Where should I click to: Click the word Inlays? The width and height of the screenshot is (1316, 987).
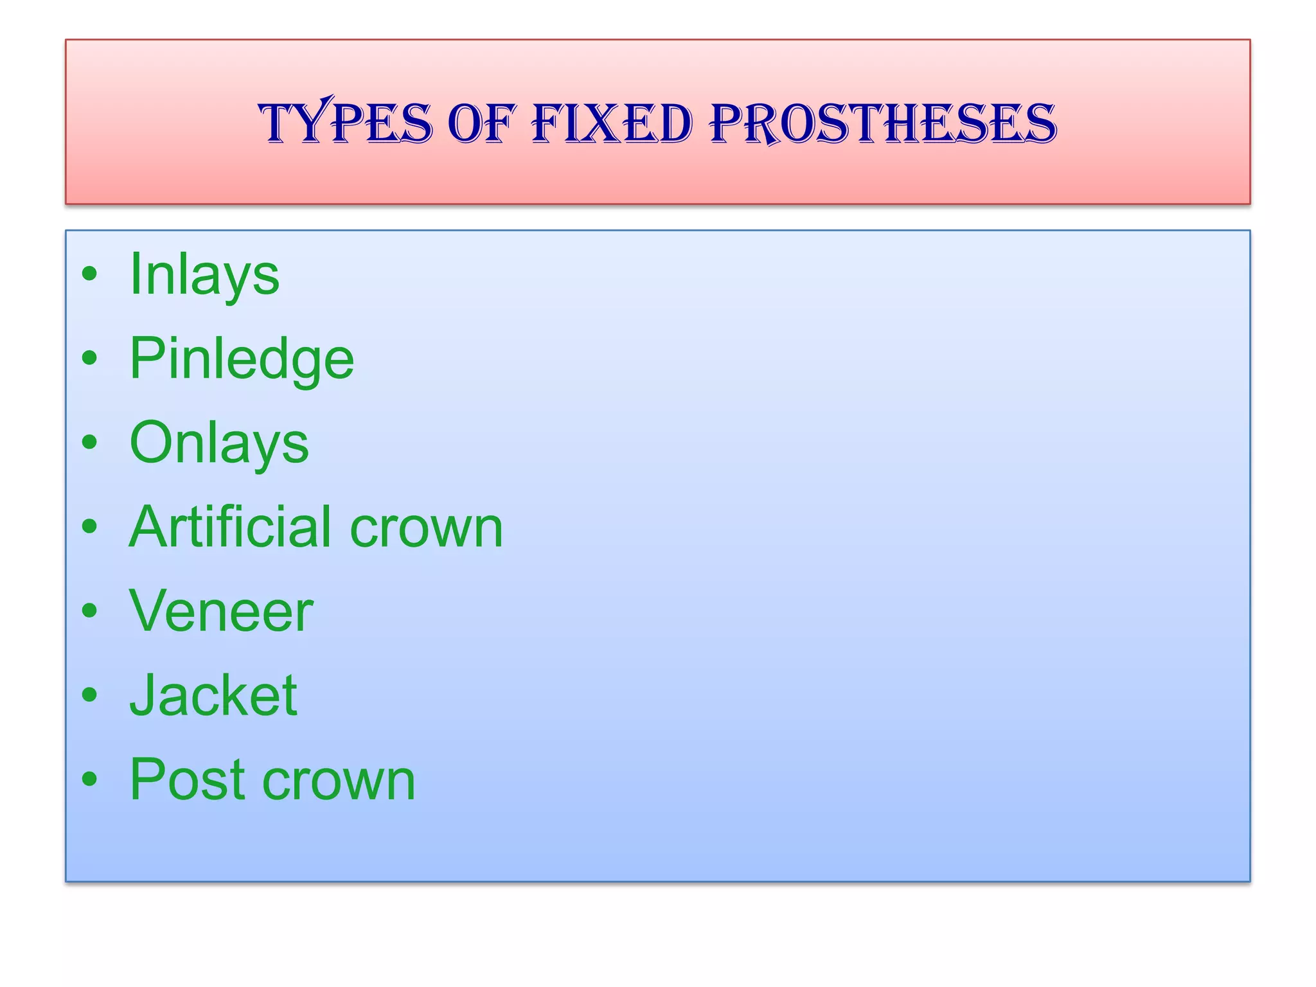[x=204, y=274]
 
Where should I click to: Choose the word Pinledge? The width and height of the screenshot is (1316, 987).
[x=242, y=359]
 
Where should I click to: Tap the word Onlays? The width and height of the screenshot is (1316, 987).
[x=219, y=443]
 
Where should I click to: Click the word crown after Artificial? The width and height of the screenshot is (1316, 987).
[x=426, y=528]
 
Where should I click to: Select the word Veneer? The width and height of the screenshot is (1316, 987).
[x=221, y=611]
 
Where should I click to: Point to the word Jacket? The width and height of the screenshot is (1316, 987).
[x=213, y=695]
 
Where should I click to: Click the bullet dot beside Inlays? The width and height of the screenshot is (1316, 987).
[x=90, y=274]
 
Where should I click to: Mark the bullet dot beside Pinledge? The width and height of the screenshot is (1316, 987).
[x=90, y=358]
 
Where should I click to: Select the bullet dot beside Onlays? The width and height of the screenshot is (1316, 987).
[x=90, y=442]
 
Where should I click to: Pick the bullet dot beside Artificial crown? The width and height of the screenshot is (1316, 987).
[x=90, y=526]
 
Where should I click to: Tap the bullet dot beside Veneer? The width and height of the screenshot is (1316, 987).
[x=90, y=610]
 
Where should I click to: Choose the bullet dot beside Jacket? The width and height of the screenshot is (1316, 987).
[x=90, y=695]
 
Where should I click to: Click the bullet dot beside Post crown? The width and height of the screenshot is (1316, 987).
[x=90, y=779]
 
